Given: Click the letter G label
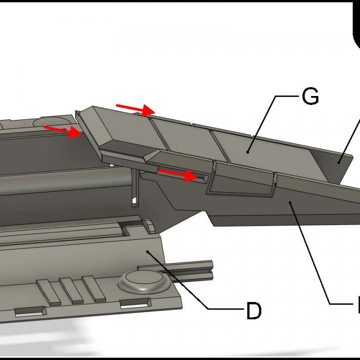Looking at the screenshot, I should [x=310, y=96].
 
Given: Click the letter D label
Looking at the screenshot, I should [x=253, y=311].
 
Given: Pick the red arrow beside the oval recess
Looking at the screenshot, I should [x=62, y=130].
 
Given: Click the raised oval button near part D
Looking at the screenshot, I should [x=142, y=281].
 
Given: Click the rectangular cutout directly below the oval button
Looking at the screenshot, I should [x=136, y=302].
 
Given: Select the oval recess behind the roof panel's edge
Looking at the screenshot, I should [x=52, y=121].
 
